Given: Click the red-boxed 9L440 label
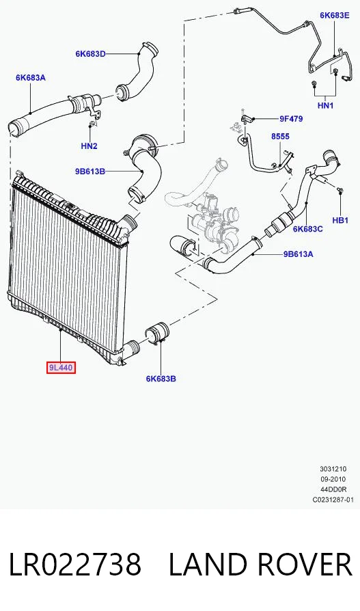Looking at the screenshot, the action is click(60, 368).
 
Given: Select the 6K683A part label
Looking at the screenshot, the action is click(31, 77).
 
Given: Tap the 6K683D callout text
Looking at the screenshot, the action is click(90, 54).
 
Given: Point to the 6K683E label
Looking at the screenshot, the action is click(335, 15).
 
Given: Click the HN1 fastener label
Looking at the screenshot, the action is click(326, 105).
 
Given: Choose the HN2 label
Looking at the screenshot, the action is click(89, 146).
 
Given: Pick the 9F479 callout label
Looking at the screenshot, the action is click(291, 119).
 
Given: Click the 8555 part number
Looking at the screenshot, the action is click(281, 137).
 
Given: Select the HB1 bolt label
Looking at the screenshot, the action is click(340, 220).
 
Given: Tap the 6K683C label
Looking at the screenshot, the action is click(308, 229).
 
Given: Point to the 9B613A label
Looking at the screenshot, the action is click(298, 254).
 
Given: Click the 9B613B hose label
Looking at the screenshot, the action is click(90, 171).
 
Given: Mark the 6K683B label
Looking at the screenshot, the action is click(161, 379).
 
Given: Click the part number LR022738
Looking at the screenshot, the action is click(75, 565).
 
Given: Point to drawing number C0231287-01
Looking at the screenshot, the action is click(333, 500).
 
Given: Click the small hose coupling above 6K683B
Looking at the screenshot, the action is click(156, 334).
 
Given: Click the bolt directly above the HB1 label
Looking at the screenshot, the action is click(340, 190).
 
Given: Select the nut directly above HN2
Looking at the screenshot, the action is click(91, 124).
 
